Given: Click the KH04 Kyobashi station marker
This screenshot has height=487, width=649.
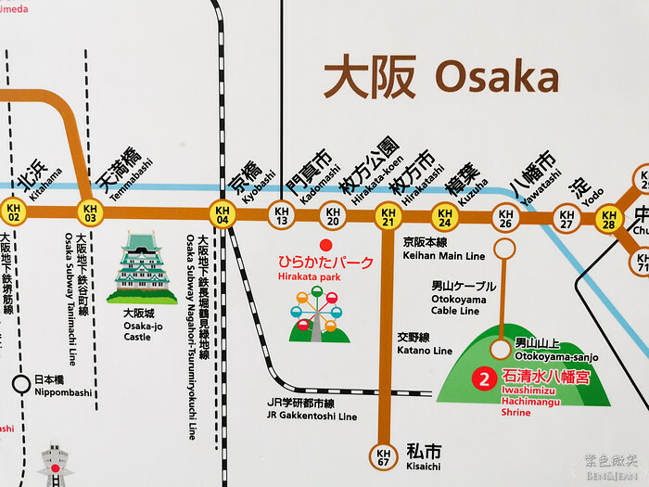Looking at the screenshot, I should [x=223, y=214].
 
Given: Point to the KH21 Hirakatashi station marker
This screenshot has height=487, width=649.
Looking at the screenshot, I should [x=388, y=217].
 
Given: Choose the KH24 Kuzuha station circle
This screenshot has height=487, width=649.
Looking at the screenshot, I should [x=444, y=218].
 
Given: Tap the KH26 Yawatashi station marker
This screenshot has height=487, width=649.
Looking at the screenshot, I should [x=504, y=219].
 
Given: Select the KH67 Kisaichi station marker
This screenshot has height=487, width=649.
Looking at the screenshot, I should [x=382, y=456].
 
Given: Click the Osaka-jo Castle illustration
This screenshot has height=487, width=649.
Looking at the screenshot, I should [x=142, y=268].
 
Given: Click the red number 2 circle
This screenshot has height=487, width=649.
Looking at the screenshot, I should [x=483, y=378].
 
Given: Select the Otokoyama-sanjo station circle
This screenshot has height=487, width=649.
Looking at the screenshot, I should [x=502, y=350].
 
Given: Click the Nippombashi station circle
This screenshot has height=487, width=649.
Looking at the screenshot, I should [x=20, y=382].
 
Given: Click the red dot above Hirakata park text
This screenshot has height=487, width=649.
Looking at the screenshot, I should [x=324, y=247].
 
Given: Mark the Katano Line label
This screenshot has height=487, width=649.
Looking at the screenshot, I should [x=424, y=344].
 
